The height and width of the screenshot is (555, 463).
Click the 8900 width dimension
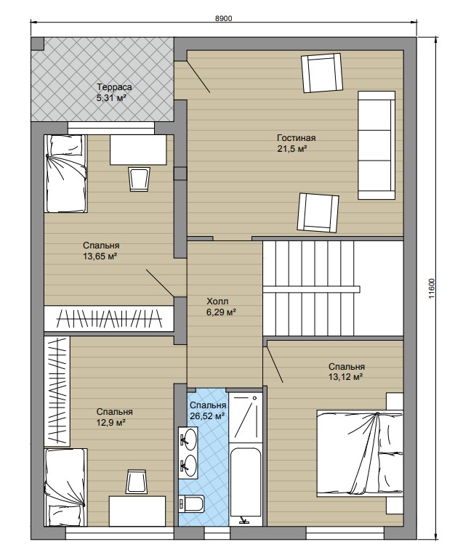click(224, 18)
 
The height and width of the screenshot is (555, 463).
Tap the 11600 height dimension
click(431, 288)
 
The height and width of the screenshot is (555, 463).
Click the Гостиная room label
click(296, 138)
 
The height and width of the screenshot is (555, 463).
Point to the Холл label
click(217, 301)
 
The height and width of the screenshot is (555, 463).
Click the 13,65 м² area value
click(100, 256)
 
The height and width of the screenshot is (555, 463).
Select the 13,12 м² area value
click(345, 377)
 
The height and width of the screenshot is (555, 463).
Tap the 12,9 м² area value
click(112, 423)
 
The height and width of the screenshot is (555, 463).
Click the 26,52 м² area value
click(208, 416)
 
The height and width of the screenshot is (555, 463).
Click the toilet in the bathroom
click(191, 504)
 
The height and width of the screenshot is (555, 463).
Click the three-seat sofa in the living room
click(377, 145)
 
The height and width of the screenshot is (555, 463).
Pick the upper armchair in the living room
click(322, 73)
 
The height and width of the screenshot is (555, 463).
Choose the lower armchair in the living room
click(318, 213)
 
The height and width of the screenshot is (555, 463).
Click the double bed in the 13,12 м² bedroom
click(360, 453)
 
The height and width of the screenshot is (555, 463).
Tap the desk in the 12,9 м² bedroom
click(137, 511)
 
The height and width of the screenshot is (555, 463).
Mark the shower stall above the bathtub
click(246, 417)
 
